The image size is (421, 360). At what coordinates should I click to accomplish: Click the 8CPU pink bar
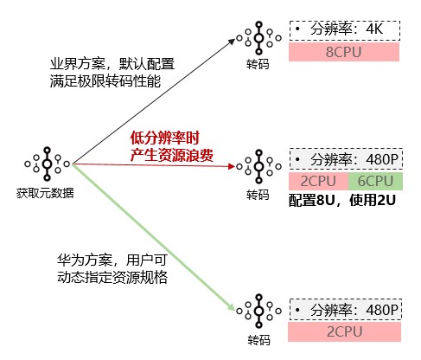pos(344,52)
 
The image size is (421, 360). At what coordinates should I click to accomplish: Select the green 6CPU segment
pos(375,181)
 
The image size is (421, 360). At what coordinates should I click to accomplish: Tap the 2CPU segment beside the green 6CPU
pos(318,181)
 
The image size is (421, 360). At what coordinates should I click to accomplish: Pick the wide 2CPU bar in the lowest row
pos(344,331)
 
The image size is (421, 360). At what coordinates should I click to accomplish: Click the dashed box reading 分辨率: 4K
pos(345,30)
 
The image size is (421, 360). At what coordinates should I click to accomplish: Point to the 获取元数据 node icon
pos(48,164)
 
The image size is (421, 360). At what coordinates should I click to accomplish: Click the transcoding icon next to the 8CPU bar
pos(258,38)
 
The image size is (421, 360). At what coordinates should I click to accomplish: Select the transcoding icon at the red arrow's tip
pos(258,166)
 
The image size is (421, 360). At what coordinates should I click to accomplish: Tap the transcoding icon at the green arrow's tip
pos(258,311)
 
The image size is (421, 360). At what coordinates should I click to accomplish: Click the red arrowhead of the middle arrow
pos(232,166)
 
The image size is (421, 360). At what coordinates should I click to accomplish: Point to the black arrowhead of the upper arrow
pos(232,41)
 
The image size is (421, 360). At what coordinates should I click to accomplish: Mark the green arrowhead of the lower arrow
pos(232,307)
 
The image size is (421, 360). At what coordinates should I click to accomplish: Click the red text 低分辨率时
pos(164,138)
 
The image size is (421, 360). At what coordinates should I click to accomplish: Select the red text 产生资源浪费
pos(171,155)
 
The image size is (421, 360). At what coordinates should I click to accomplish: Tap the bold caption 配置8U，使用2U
pos(341,200)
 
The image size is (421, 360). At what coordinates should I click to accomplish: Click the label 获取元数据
pos(45,193)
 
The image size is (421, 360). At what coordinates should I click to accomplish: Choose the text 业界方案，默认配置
pos(112,64)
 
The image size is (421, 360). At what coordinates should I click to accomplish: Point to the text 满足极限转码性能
pos(105,81)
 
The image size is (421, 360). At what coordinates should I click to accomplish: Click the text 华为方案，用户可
pos(112,260)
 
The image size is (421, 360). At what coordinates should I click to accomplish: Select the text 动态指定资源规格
pos(112,278)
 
